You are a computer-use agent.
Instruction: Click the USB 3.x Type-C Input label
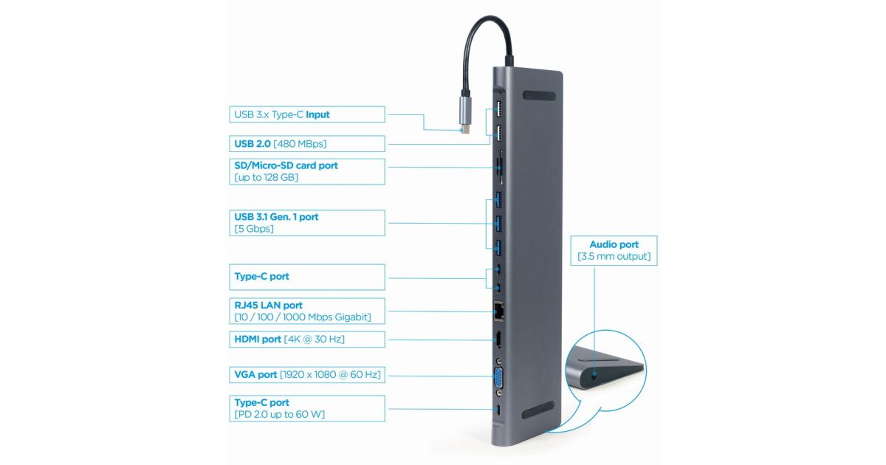[306, 114]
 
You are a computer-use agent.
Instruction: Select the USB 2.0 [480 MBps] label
[306, 143]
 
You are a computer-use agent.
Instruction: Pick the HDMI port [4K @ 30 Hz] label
[306, 339]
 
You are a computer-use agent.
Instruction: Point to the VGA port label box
[306, 375]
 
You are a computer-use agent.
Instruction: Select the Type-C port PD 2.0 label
[306, 408]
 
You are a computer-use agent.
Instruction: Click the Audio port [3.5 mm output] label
[614, 250]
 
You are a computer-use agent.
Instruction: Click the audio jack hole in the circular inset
[596, 376]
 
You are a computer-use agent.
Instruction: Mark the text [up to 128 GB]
[267, 178]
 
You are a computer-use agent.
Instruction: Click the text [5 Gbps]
[254, 229]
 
